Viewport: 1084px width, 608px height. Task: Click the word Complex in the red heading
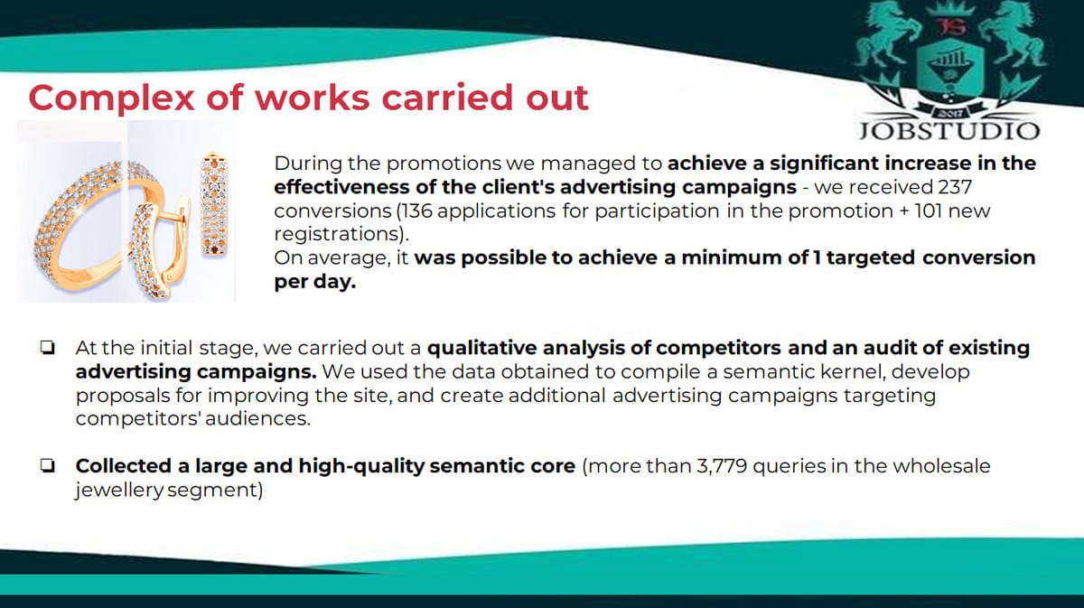(112, 98)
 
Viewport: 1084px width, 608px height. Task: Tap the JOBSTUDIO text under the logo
(949, 131)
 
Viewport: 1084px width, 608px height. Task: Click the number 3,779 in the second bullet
(722, 466)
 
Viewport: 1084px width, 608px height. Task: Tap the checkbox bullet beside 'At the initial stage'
(48, 348)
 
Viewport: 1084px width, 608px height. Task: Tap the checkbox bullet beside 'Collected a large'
(48, 466)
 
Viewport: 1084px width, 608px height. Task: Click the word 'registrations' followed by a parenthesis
(337, 234)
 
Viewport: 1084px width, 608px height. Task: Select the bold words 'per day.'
(315, 281)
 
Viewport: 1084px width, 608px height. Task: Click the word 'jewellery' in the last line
(119, 491)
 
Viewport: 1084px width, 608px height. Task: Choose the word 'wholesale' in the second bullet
(941, 466)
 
